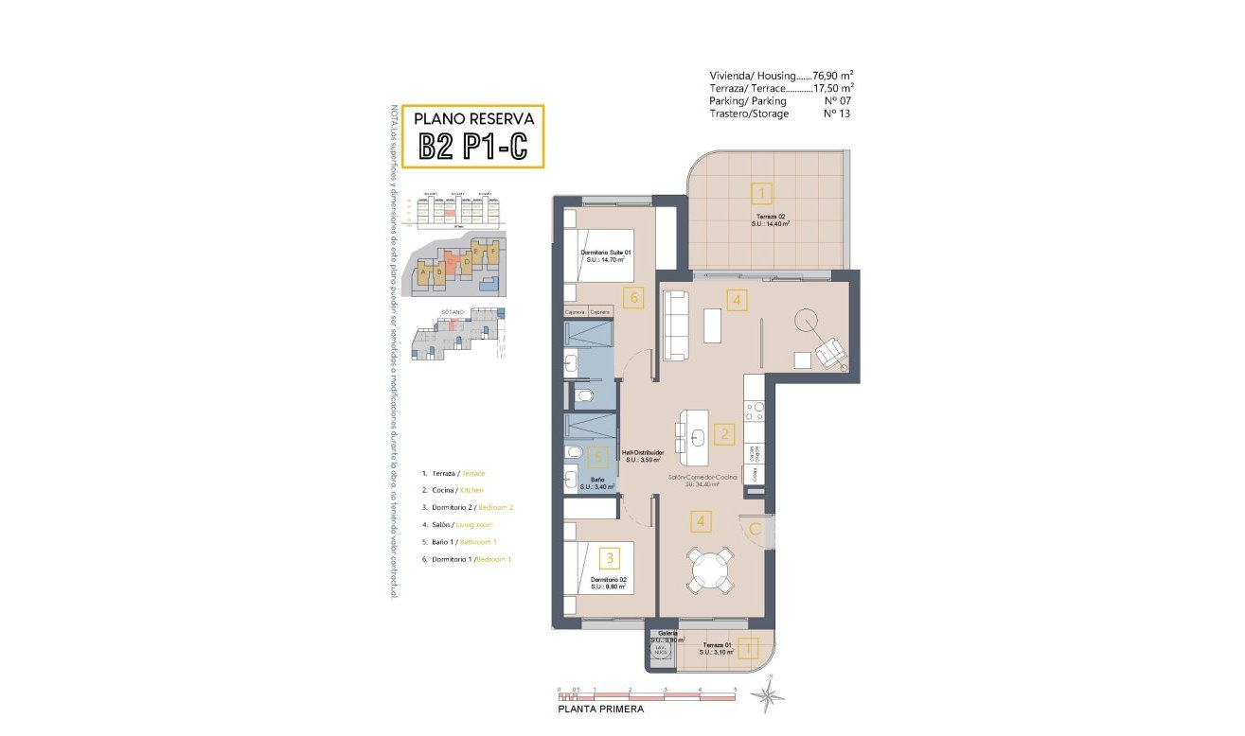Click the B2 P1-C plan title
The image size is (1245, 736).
[473, 147]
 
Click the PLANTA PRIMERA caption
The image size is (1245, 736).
[600, 710]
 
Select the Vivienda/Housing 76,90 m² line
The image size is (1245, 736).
[781, 76]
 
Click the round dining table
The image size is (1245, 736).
[710, 570]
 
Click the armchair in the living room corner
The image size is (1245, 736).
[831, 354]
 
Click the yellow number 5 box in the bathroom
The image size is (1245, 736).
[596, 458]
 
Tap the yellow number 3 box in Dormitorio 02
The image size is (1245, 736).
[612, 558]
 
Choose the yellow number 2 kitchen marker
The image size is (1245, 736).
[724, 435]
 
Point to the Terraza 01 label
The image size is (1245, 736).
[717, 646]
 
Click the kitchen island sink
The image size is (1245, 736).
[696, 436]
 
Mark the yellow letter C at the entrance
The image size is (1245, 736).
[756, 530]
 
